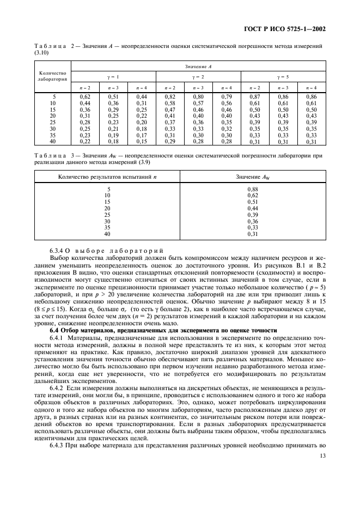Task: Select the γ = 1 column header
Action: point(114,76)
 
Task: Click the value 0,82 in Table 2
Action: point(170,96)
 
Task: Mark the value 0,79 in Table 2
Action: point(226,96)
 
